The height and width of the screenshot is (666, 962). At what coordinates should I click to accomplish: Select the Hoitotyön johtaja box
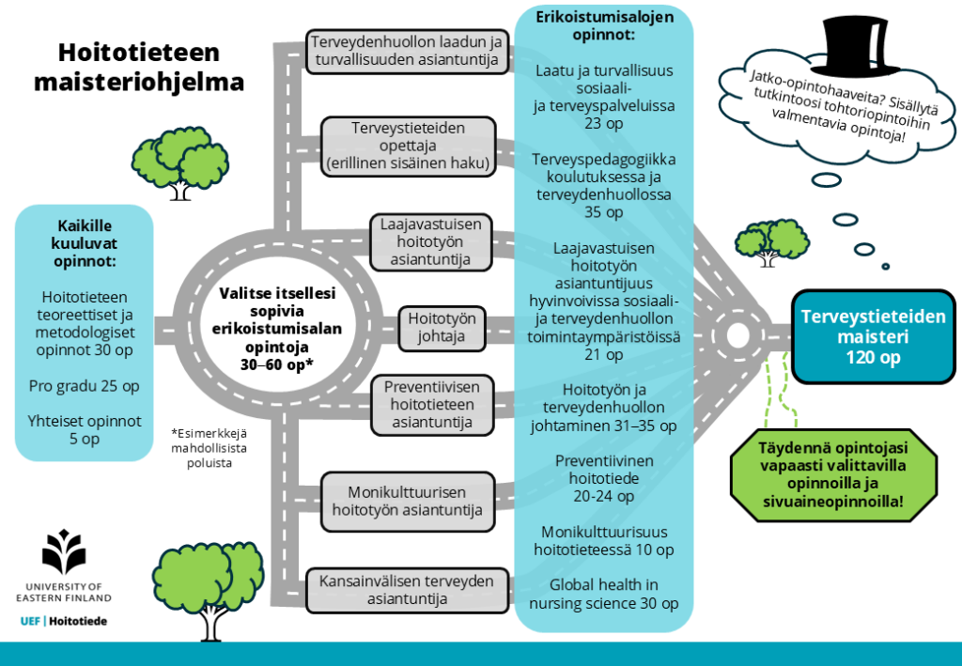coord(442,327)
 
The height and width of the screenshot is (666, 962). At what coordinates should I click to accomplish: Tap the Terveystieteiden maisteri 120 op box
coord(873,336)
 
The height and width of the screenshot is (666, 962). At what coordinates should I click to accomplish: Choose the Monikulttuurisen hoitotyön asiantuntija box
coord(407,500)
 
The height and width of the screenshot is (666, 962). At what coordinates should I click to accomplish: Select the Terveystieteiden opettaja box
coord(407,146)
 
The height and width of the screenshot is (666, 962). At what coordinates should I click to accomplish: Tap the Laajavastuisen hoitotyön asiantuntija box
coord(430,241)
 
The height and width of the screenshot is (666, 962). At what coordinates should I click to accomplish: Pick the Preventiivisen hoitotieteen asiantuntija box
coord(431,405)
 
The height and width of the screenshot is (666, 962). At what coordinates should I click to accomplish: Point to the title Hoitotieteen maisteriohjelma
coord(139,67)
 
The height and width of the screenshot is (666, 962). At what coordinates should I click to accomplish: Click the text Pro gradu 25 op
coord(84,386)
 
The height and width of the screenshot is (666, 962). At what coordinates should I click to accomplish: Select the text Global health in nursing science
coord(604,594)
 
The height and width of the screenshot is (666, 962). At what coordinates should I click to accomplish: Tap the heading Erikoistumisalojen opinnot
coord(604,25)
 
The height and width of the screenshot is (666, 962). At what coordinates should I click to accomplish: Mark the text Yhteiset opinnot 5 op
coord(84,430)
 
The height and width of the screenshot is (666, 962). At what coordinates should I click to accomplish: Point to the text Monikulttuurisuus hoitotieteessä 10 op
coord(604,540)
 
